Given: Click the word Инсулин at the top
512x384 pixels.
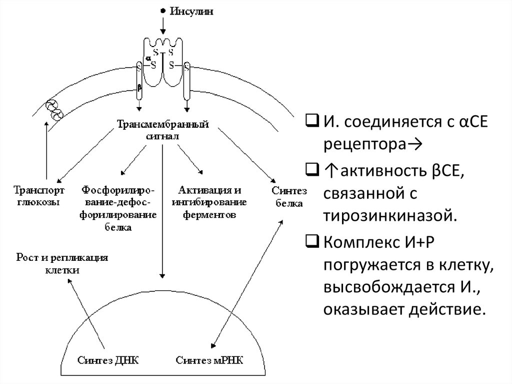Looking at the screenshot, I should (x=191, y=11).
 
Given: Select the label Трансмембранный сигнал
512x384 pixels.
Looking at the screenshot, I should (x=162, y=130).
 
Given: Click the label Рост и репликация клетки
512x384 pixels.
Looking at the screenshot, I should (x=62, y=263).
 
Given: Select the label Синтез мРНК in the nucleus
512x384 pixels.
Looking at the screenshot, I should (x=209, y=360).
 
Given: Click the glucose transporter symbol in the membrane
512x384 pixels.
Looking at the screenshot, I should (x=52, y=110).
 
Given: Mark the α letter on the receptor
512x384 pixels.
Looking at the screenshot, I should (x=148, y=58).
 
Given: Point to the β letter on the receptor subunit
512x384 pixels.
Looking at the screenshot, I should (x=140, y=88).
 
